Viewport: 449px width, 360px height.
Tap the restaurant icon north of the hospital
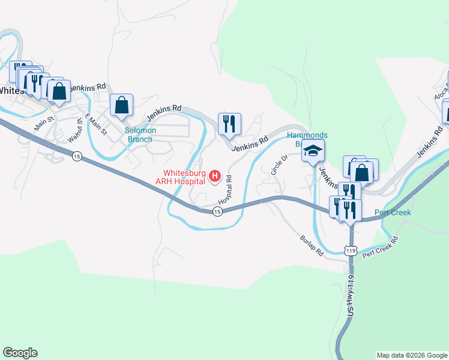tap(229, 124)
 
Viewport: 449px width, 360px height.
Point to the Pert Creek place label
tap(393, 212)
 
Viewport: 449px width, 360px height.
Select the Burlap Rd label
tap(312, 245)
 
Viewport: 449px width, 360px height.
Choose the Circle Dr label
tap(280, 164)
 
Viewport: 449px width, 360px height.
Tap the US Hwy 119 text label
tap(352, 293)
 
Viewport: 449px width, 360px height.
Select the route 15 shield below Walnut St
tap(76, 157)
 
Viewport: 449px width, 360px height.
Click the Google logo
tap(20, 353)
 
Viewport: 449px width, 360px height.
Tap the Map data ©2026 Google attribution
tap(412, 355)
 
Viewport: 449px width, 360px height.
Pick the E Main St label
tap(95, 124)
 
